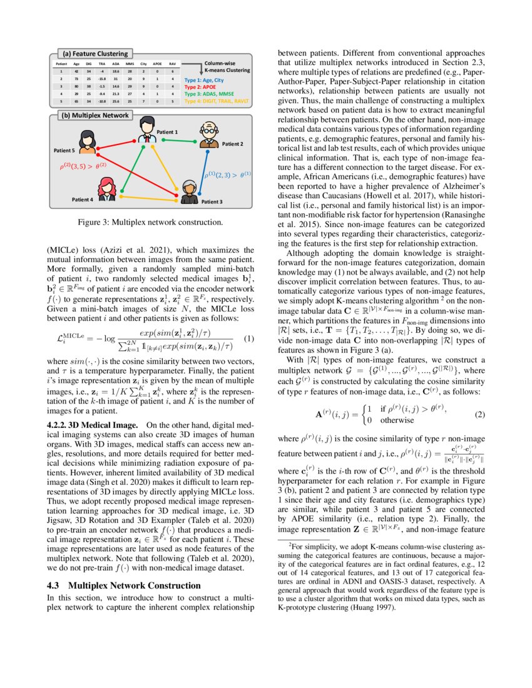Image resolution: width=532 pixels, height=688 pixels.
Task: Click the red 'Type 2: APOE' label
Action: (200, 87)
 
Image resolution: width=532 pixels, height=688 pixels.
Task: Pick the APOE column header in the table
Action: (157, 64)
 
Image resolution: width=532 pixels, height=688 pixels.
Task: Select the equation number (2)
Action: (480, 415)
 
